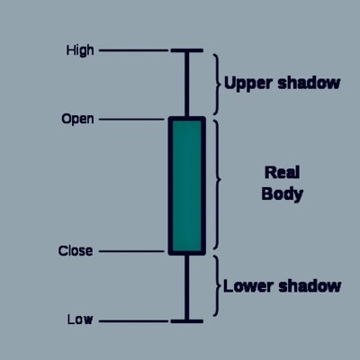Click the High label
(80, 50)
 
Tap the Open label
(77, 119)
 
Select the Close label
(76, 251)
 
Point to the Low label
(80, 319)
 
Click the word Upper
(248, 84)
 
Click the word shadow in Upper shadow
(309, 83)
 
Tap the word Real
(282, 173)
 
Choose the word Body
(282, 194)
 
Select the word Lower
(248, 286)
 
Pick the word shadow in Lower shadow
(310, 286)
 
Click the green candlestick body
(187, 185)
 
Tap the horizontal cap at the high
(187, 50)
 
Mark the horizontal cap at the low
(187, 321)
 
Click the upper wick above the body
(187, 85)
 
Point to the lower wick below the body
(187, 287)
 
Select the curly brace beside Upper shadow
(217, 85)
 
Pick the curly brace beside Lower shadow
(217, 286)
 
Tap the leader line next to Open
(131, 120)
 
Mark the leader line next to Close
(131, 251)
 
